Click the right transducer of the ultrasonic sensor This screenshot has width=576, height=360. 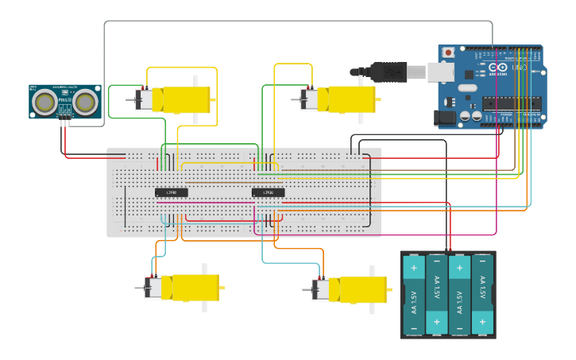pyautogui.click(x=85, y=101)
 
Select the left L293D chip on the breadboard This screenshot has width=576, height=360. pyautogui.click(x=171, y=192)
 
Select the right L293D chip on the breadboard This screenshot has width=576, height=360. pyautogui.click(x=268, y=192)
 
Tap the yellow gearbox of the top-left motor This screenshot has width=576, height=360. pyautogui.click(x=186, y=99)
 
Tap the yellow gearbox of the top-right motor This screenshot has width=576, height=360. pyautogui.click(x=351, y=99)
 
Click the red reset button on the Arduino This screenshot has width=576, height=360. pyautogui.click(x=448, y=53)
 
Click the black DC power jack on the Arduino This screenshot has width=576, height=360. pyautogui.click(x=446, y=118)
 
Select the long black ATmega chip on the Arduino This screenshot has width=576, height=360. pyautogui.click(x=513, y=103)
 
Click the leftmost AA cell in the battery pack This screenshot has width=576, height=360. pyautogui.click(x=414, y=294)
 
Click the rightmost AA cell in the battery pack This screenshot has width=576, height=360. pyautogui.click(x=482, y=294)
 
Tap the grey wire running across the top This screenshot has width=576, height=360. pyautogui.click(x=294, y=21)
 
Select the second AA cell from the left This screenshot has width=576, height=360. pyautogui.click(x=437, y=294)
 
